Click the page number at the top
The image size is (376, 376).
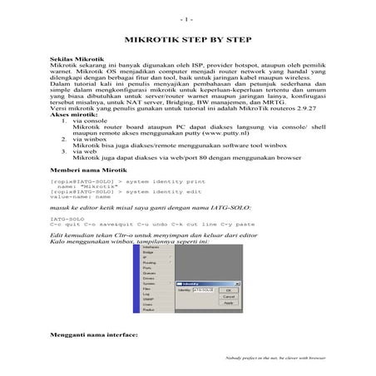pyautogui.click(x=187, y=17)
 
